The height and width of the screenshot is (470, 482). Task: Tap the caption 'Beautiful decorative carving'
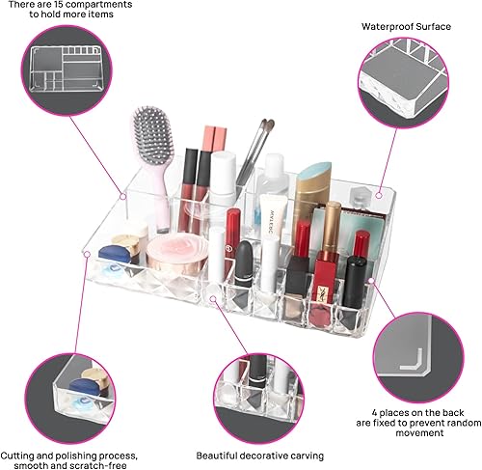point(259,455)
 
